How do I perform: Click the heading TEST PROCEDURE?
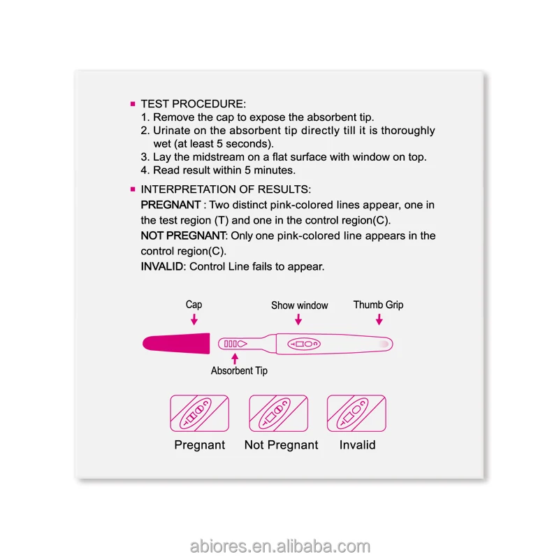[194, 103]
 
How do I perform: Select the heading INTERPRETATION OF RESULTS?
[226, 189]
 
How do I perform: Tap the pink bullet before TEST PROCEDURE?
[132, 104]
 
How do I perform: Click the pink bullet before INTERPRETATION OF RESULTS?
[132, 189]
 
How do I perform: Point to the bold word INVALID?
[163, 266]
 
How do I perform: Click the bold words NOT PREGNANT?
[184, 235]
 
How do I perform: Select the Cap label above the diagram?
[194, 305]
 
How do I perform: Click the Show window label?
[299, 305]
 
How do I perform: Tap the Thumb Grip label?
[378, 305]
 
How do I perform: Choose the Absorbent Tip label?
[239, 370]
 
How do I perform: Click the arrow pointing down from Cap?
[194, 319]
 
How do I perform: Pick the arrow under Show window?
[298, 319]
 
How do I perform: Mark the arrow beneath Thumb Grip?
[379, 319]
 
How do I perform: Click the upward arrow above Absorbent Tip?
[234, 357]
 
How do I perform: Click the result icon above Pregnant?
[199, 413]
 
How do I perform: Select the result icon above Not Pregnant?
[279, 413]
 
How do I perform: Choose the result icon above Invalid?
[357, 413]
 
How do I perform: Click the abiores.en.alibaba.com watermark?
[279, 546]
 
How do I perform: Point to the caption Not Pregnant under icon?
[281, 445]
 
